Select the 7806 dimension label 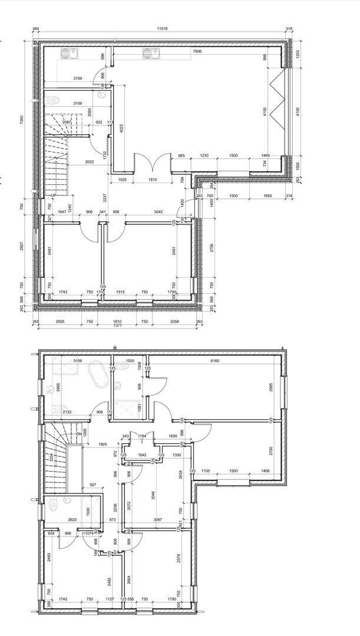tap(197, 52)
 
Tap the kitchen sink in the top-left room tap(68, 55)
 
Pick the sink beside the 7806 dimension tap(151, 55)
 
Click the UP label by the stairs tap(53, 195)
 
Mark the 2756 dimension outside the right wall tap(212, 247)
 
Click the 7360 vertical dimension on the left tap(22, 119)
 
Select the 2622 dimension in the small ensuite tap(72, 520)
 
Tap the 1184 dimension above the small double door tap(142, 436)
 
